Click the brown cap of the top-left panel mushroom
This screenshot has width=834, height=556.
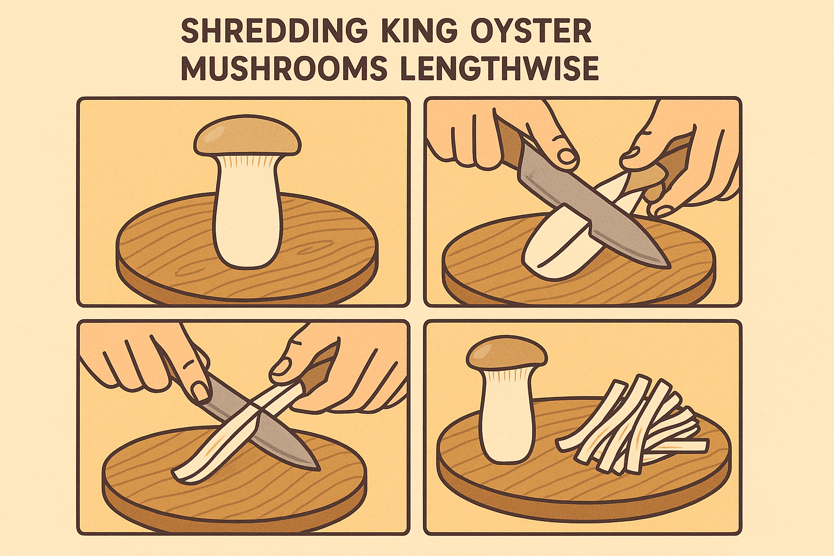click(x=247, y=138)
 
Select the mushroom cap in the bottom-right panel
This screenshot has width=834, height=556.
click(x=507, y=353)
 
